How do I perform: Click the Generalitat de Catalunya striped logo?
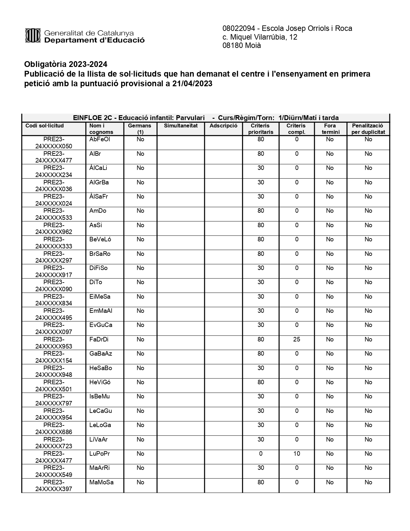click(33, 35)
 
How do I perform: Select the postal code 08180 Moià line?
click(241, 46)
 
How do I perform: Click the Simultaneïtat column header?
click(181, 126)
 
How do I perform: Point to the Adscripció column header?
click(223, 126)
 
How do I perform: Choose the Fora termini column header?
click(330, 129)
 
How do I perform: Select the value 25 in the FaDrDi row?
click(296, 340)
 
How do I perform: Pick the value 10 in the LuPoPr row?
click(296, 454)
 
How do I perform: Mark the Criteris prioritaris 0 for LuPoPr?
click(260, 454)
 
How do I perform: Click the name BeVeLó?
click(100, 239)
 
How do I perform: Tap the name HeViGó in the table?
click(100, 382)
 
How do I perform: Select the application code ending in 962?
click(54, 228)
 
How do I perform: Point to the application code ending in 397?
click(54, 486)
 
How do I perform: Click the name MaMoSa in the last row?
click(101, 482)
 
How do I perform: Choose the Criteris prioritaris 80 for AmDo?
click(260, 211)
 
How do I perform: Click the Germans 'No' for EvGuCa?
click(140, 325)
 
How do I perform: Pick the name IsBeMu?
click(100, 396)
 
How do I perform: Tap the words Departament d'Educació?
click(94, 41)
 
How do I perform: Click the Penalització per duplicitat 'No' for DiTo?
click(368, 282)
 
